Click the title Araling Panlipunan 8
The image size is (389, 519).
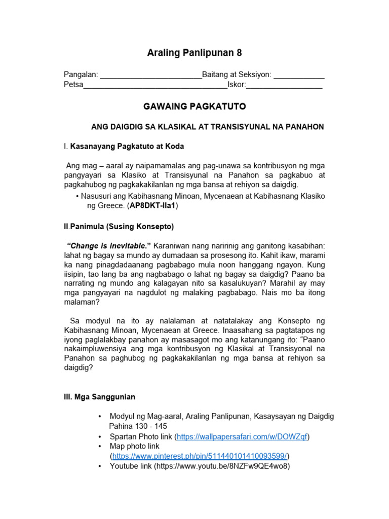coord(194,53)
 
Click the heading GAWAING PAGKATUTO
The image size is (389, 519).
coord(194,106)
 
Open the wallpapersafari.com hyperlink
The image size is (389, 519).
coord(242,436)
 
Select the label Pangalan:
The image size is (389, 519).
coord(81,75)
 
